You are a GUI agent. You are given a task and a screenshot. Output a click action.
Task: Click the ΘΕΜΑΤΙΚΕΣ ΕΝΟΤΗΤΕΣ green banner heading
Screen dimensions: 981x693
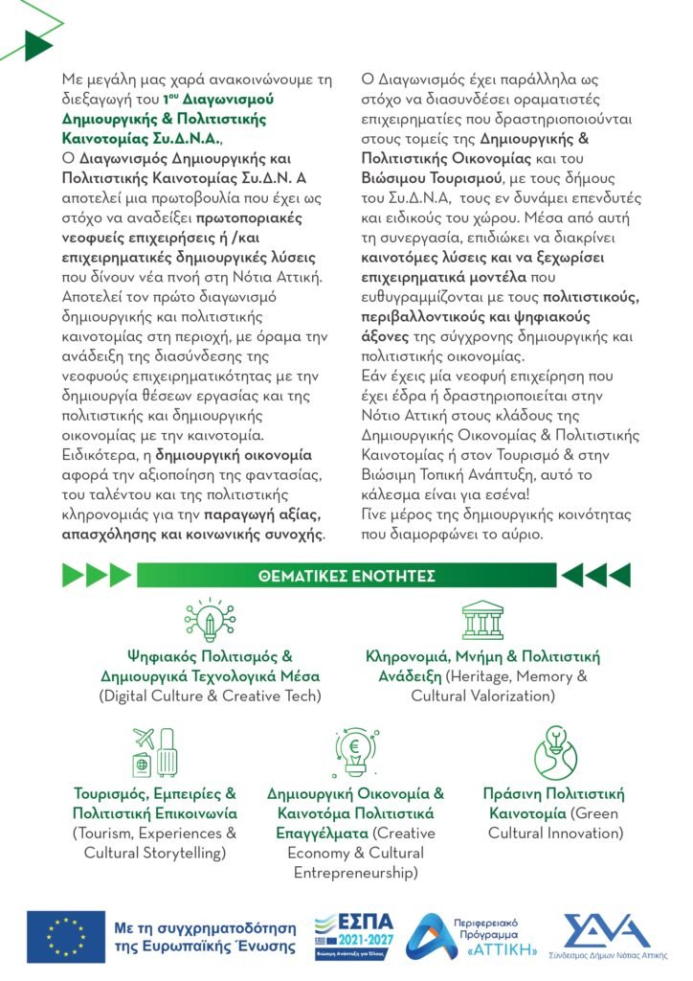point(346,576)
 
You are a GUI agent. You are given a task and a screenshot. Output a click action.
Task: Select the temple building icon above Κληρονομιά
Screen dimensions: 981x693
point(482,621)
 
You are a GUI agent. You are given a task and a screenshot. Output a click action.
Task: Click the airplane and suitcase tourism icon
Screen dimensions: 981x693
point(155,754)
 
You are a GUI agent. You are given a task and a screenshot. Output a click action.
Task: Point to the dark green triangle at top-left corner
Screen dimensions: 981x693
point(38,44)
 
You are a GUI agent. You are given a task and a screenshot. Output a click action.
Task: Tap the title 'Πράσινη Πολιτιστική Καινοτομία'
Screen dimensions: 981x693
point(554,804)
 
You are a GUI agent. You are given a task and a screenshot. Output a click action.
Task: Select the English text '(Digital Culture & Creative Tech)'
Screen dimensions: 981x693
point(210,696)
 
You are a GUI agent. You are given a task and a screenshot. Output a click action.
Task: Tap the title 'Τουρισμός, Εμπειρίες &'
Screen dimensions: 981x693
point(155,794)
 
